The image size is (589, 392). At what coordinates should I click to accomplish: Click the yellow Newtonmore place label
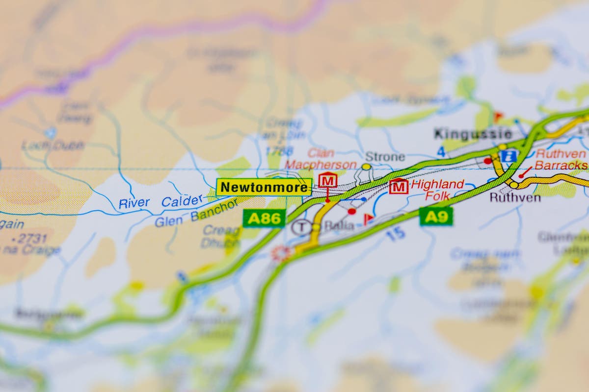point(264,187)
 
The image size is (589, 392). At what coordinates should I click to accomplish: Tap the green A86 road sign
point(264,219)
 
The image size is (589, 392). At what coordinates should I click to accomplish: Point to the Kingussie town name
point(473,134)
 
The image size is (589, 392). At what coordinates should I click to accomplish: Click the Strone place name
point(385,157)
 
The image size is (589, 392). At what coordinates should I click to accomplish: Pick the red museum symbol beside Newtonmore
point(327,180)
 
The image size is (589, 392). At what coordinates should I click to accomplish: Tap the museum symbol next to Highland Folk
point(399,186)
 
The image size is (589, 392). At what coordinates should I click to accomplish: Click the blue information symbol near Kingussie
point(508,156)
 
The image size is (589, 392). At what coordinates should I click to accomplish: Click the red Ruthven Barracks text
point(561,160)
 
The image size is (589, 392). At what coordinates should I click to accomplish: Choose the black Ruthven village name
point(515,198)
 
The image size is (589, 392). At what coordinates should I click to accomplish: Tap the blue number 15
point(395,234)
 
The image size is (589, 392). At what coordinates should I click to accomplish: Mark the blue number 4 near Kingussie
point(441,152)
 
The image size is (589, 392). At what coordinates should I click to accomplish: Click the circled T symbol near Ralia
point(301,227)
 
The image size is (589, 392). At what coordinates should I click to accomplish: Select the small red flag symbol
point(368,219)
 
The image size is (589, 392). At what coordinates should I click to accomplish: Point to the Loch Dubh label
point(53,146)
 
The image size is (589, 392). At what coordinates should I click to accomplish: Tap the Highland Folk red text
point(437,190)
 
